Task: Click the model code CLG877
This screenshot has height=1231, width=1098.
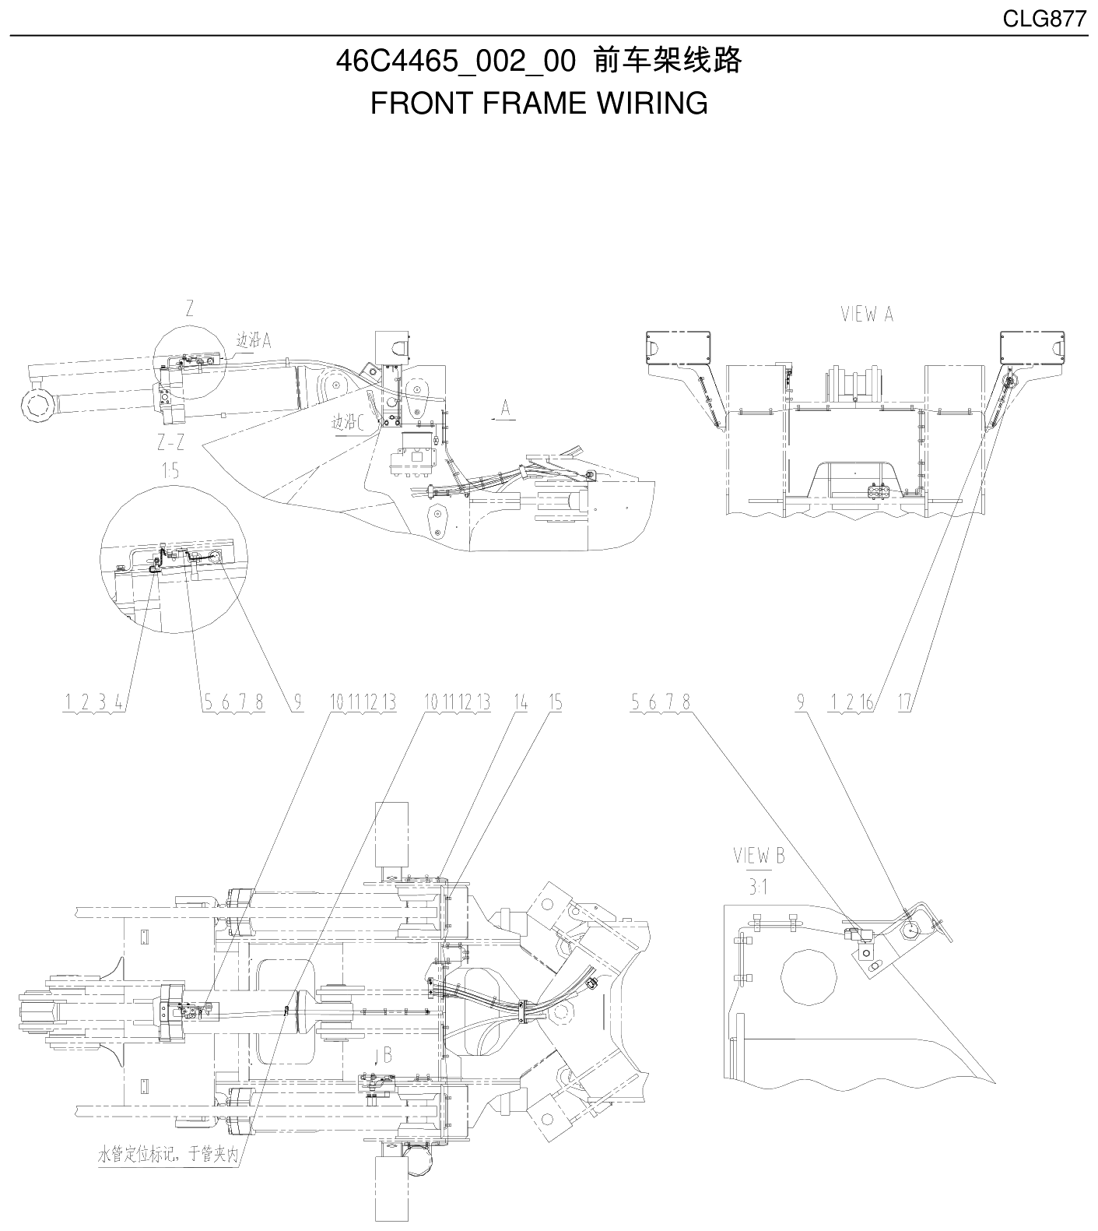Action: pyautogui.click(x=1044, y=19)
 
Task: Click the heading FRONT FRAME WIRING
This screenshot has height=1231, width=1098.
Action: pyautogui.click(x=538, y=103)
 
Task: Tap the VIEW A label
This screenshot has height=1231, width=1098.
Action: pyautogui.click(x=867, y=314)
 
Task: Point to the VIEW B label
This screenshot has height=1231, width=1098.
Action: pyautogui.click(x=759, y=856)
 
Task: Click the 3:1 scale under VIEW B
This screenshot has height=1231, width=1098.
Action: pyautogui.click(x=759, y=887)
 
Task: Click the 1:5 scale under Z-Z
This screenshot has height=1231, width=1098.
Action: pyautogui.click(x=170, y=470)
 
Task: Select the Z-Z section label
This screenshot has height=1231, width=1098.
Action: pyautogui.click(x=170, y=443)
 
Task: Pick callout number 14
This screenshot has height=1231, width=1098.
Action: pyautogui.click(x=520, y=702)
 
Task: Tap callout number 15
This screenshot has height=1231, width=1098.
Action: pyautogui.click(x=554, y=702)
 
